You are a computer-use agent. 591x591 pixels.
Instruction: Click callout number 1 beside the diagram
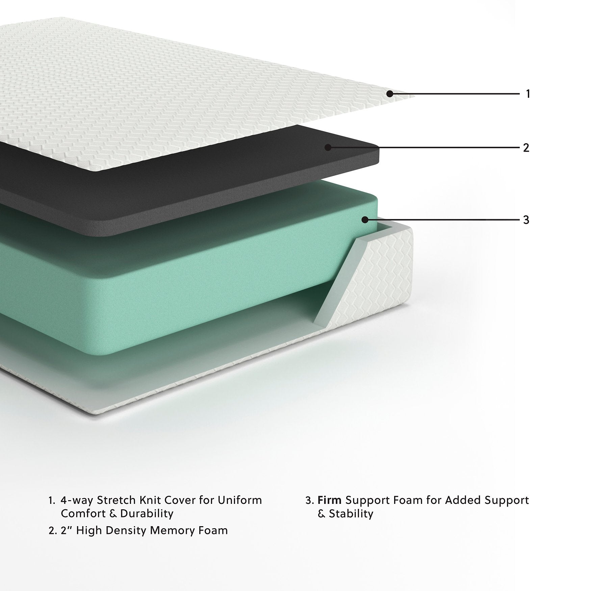pos(528,94)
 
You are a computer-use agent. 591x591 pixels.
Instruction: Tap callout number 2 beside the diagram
pos(526,148)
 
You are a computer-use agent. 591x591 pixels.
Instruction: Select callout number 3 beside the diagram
pos(526,220)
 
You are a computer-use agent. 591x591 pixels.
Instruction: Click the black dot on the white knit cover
pos(390,94)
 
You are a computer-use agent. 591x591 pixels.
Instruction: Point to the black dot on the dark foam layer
pos(327,147)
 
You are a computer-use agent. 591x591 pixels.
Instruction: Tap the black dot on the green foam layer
pos(364,220)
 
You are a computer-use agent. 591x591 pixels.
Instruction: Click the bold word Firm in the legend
pos(330,500)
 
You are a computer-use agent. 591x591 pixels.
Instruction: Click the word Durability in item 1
pos(147,514)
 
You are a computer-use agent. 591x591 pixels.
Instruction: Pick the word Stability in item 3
pos(351,514)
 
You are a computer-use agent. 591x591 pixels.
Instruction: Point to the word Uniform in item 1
pos(240,500)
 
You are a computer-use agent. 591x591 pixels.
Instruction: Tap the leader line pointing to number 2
pos(422,148)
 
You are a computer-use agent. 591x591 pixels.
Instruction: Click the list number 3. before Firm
pos(310,500)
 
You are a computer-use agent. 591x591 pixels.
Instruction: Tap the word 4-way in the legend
pos(77,500)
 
